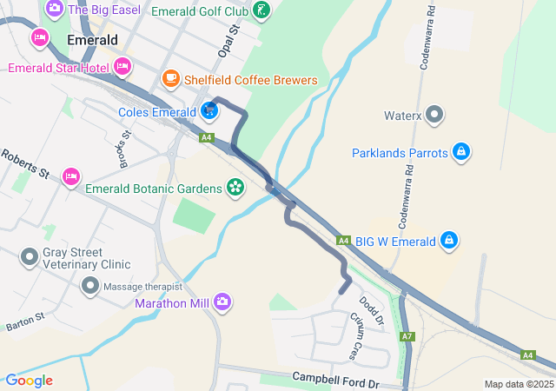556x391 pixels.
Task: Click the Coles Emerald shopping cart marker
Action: pyautogui.click(x=209, y=111)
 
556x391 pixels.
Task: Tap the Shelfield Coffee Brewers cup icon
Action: pyautogui.click(x=170, y=80)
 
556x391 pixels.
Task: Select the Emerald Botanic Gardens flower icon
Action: pyautogui.click(x=235, y=186)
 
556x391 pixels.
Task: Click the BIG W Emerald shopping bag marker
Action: pyautogui.click(x=448, y=241)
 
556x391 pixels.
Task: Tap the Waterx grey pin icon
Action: pyautogui.click(x=436, y=115)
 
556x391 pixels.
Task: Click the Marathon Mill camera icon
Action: pyautogui.click(x=223, y=303)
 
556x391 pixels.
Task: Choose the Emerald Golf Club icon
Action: pyautogui.click(x=261, y=11)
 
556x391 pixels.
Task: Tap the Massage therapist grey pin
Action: pyautogui.click(x=90, y=286)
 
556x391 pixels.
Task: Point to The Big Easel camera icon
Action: pyautogui.click(x=55, y=8)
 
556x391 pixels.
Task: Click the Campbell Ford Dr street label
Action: pyautogui.click(x=336, y=379)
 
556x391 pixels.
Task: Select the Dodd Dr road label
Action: pyautogui.click(x=371, y=310)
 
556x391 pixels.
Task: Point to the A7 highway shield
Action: pyautogui.click(x=407, y=336)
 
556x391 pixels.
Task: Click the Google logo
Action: pyautogui.click(x=29, y=381)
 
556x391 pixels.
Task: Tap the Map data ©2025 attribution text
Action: pyautogui.click(x=519, y=384)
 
